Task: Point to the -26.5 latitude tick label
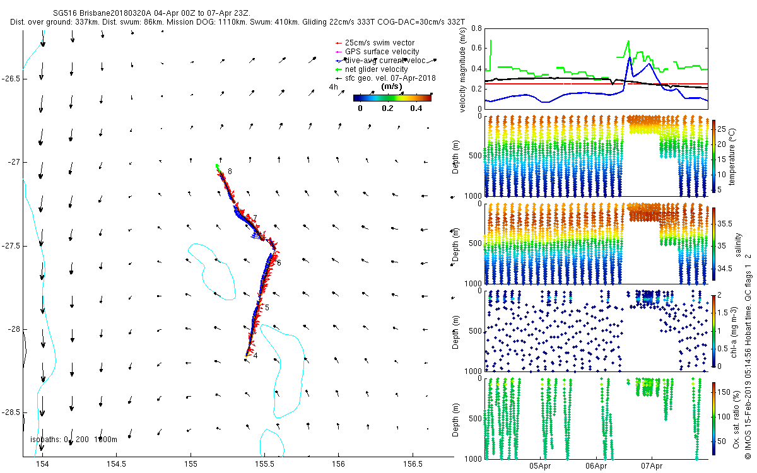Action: click(11, 79)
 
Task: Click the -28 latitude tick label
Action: click(13, 329)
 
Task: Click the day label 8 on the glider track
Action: click(230, 172)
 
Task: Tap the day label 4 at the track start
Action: click(255, 356)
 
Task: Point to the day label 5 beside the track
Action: click(267, 308)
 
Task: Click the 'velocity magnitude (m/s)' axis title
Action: click(464, 68)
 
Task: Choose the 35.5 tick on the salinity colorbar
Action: click(725, 224)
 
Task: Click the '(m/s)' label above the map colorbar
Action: click(392, 86)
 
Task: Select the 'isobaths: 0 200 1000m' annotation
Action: click(74, 440)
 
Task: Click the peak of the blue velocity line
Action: click(629, 57)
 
